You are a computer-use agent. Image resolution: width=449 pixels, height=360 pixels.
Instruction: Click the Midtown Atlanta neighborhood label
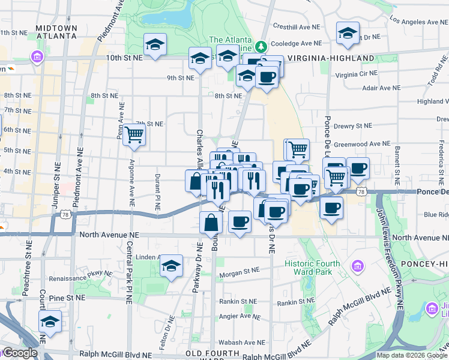coord(56,31)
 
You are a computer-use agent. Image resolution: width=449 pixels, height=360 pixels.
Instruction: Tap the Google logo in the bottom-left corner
coord(19,353)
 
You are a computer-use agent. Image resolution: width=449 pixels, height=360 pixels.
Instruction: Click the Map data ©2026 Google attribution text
coord(412,355)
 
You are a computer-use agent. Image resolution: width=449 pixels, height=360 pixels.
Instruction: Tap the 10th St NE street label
coord(125,58)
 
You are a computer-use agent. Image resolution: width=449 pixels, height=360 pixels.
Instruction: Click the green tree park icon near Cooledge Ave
coord(261,46)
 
